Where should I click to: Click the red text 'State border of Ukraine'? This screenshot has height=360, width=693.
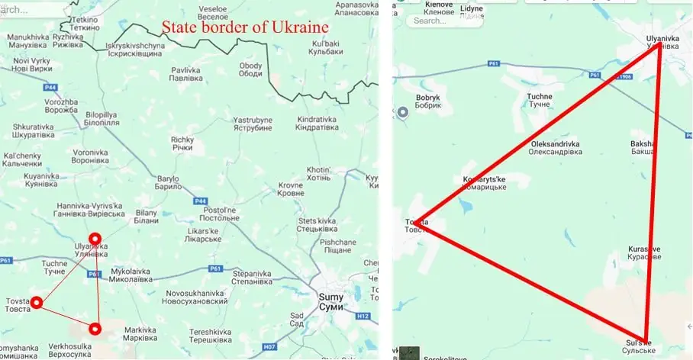[244, 27]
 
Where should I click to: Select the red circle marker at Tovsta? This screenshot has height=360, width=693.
[36, 303]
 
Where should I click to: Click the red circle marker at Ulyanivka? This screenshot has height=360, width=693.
[95, 239]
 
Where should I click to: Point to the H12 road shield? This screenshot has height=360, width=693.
[363, 316]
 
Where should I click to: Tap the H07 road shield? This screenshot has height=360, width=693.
[269, 347]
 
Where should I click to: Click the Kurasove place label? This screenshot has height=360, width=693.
[644, 252]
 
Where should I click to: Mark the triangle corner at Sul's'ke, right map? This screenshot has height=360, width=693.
[646, 339]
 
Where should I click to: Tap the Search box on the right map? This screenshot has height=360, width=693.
[439, 21]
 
